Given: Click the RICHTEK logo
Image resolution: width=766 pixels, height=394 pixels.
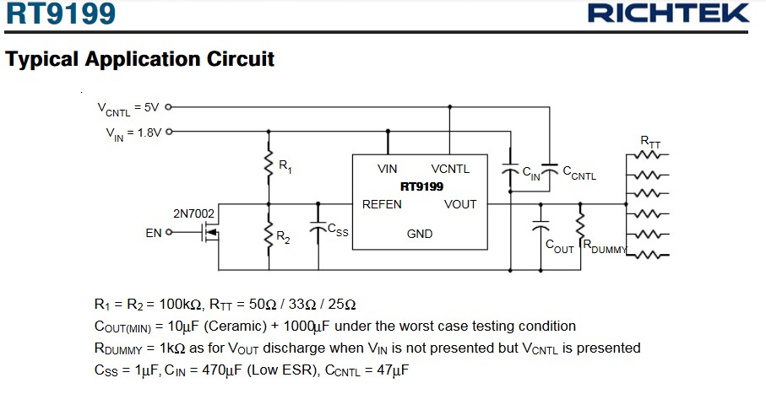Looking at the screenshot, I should click(668, 13).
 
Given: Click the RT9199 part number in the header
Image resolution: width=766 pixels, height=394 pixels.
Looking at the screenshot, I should click(60, 14).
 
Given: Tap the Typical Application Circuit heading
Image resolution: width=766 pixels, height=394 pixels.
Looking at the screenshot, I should click(139, 60).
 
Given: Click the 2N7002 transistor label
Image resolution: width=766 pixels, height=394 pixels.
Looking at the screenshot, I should click(193, 214).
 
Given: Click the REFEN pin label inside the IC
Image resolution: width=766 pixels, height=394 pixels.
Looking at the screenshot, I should click(382, 204).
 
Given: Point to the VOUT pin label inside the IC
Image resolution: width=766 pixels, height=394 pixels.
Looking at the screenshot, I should click(460, 204).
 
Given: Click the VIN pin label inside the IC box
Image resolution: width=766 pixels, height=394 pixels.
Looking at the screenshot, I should click(388, 169).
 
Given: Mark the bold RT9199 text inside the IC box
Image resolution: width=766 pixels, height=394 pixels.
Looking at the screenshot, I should click(421, 186).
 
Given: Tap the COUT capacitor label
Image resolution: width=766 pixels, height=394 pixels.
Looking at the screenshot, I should click(560, 246).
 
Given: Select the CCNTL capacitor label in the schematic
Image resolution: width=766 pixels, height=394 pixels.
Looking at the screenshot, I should click(579, 175).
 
